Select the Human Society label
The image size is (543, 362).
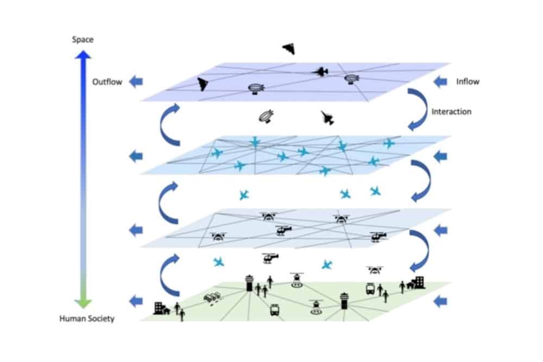click(x=87, y=319)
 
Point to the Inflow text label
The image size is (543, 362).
click(x=468, y=82)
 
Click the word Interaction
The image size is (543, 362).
click(x=451, y=112)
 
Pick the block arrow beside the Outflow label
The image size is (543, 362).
click(x=135, y=82)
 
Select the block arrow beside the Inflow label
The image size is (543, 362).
click(x=440, y=82)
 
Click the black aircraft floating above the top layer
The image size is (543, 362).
click(x=289, y=49)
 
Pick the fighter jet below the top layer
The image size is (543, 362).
click(x=327, y=118)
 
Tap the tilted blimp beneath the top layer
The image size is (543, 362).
click(x=266, y=116)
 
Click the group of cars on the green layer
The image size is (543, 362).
click(x=212, y=298)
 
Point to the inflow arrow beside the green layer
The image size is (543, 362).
click(x=440, y=300)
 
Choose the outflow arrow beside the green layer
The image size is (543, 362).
click(x=135, y=300)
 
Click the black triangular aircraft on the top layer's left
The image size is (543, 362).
click(x=203, y=84)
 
